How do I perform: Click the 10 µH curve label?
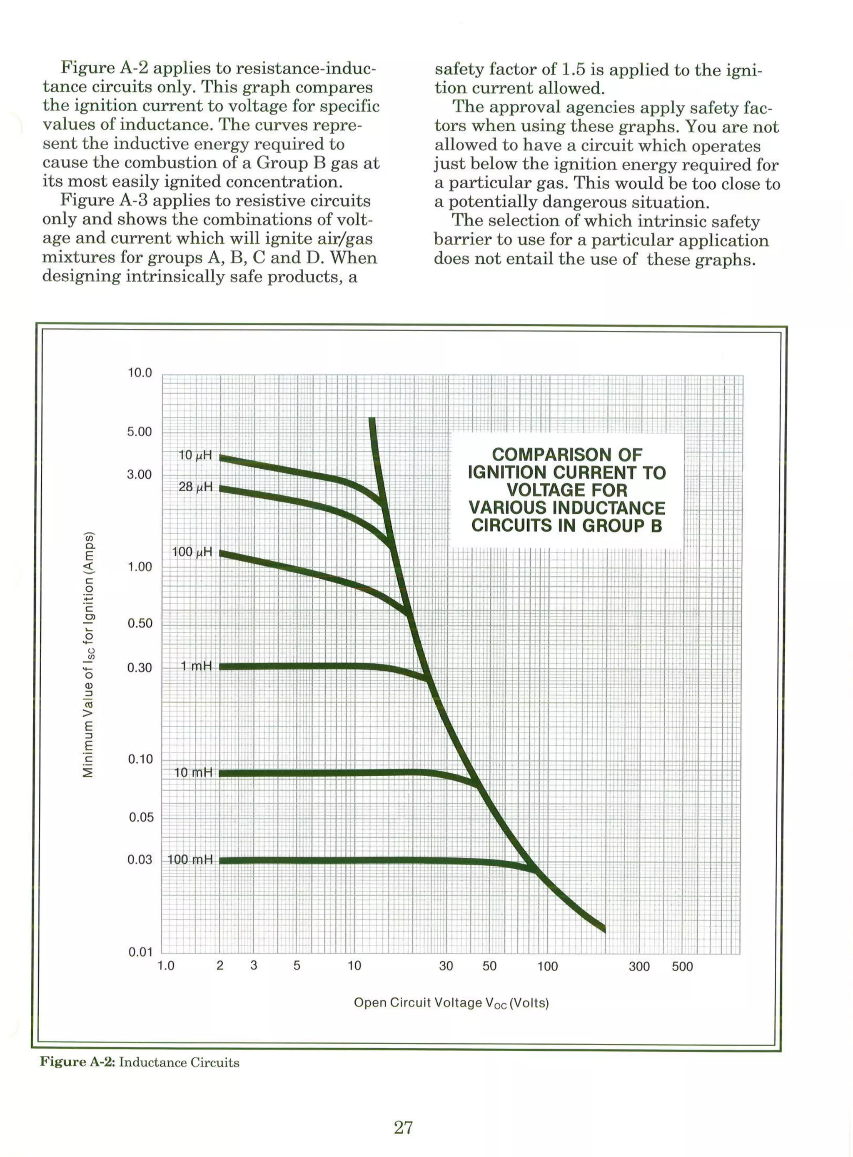(x=195, y=455)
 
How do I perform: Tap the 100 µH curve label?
(x=192, y=552)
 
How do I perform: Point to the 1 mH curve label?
(x=196, y=666)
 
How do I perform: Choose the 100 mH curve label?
(x=190, y=860)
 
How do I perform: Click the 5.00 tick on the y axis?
(x=140, y=432)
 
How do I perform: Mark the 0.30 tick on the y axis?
(x=140, y=668)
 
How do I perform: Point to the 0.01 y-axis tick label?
(x=140, y=952)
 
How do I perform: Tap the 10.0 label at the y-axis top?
(x=140, y=373)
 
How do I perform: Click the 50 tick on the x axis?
(x=489, y=966)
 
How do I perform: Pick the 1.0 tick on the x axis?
(x=166, y=966)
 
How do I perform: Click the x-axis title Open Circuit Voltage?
(x=451, y=1002)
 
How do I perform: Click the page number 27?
(x=403, y=1127)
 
